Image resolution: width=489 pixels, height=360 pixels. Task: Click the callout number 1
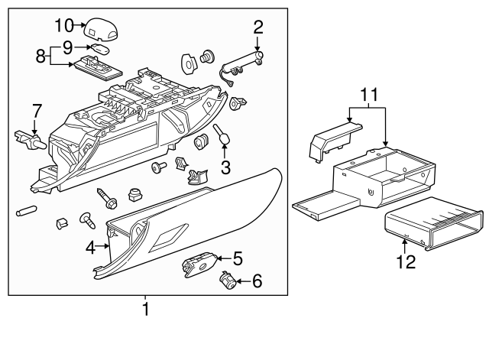point(145,310)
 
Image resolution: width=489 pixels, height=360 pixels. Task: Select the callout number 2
point(258,28)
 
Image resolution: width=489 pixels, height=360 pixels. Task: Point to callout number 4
point(90,247)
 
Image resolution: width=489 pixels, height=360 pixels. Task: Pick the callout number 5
point(237,258)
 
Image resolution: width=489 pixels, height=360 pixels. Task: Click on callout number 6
point(257,281)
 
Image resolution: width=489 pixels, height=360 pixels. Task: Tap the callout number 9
point(68,46)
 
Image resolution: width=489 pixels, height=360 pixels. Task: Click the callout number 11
point(370,96)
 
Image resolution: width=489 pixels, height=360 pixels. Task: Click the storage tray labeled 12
point(432,224)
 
